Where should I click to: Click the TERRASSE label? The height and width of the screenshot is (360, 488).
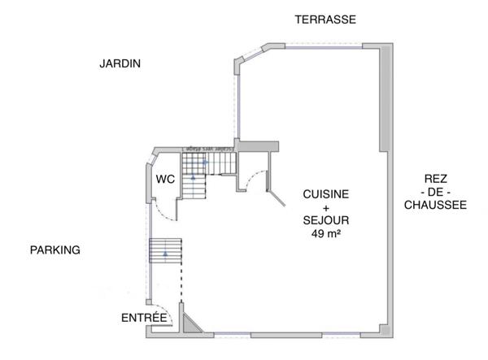[325, 20]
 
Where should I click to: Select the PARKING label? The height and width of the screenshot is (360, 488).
[55, 249]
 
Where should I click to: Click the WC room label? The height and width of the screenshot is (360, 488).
[165, 179]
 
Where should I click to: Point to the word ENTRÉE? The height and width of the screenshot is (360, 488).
[144, 317]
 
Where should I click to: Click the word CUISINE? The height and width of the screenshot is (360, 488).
[326, 194]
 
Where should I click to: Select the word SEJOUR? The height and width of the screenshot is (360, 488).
[326, 221]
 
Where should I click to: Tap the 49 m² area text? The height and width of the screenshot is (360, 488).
[326, 234]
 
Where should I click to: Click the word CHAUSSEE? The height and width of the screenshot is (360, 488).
[435, 206]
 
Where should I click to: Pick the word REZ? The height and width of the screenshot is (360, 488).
[435, 179]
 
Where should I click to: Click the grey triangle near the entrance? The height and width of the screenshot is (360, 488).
[190, 325]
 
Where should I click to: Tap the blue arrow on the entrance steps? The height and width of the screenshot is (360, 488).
[166, 254]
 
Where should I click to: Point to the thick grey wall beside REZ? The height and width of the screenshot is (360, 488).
[385, 98]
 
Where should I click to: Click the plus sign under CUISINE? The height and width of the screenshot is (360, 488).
[326, 208]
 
